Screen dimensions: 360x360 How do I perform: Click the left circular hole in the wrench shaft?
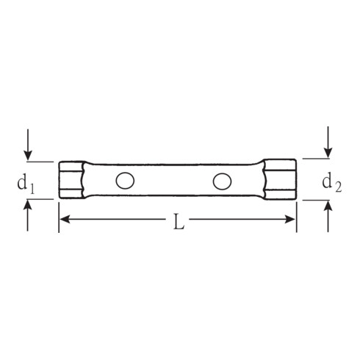pyautogui.click(x=125, y=181)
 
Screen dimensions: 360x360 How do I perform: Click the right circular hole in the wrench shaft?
pyautogui.click(x=222, y=181)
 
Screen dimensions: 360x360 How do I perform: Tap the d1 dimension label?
pyautogui.click(x=26, y=185)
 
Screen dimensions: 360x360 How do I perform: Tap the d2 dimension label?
pyautogui.click(x=331, y=182)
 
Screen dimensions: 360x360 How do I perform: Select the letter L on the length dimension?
pyautogui.click(x=179, y=222)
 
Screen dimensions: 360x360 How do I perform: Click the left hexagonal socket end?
pyautogui.click(x=71, y=180)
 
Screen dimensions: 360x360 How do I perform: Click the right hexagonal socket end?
pyautogui.click(x=280, y=179)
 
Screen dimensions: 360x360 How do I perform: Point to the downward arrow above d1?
pyautogui.click(x=28, y=145)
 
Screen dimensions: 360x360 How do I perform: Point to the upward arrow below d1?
pyautogui.click(x=28, y=215)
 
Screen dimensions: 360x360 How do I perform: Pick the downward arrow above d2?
pyautogui.click(x=328, y=142)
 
